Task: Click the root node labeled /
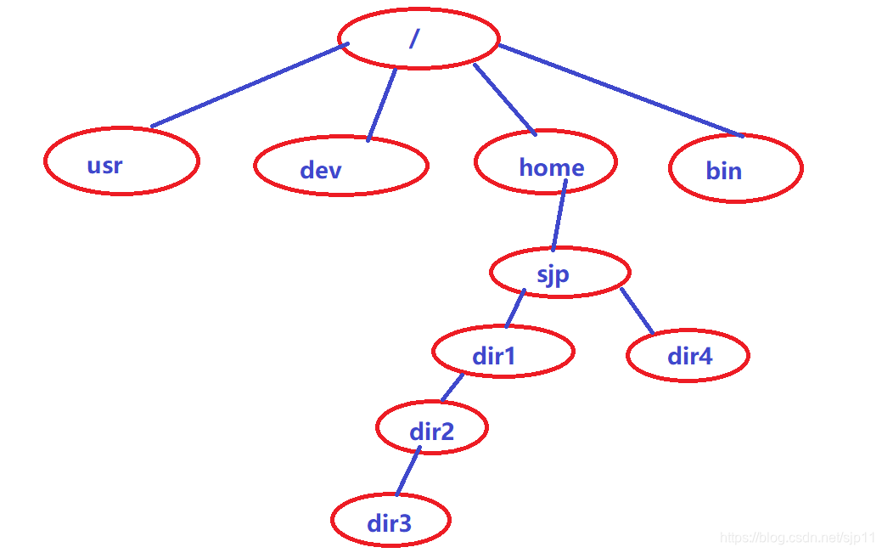[418, 39]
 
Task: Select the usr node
[121, 162]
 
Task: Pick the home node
[546, 162]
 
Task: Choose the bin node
[735, 168]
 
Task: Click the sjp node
[559, 273]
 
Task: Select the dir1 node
[503, 352]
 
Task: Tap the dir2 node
[431, 428]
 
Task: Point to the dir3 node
[390, 520]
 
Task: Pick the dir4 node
[688, 355]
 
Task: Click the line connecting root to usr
[246, 86]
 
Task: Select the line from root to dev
[382, 104]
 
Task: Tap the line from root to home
[504, 99]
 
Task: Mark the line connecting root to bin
[620, 90]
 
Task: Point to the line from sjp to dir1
[515, 308]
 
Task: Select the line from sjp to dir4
[637, 311]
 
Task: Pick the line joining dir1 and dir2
[452, 387]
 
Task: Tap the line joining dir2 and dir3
[408, 471]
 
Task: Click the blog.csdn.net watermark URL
[797, 538]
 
